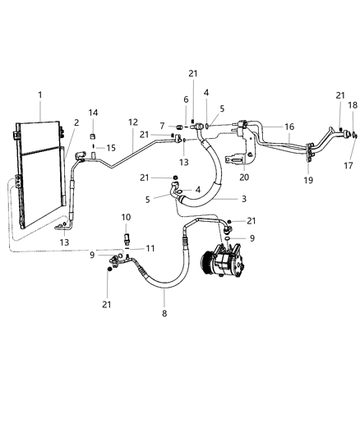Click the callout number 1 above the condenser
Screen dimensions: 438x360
[40, 95]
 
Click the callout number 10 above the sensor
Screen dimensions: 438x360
[126, 217]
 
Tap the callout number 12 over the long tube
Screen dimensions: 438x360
[133, 122]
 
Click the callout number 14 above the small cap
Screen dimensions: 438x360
[93, 113]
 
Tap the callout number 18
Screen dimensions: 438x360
[353, 105]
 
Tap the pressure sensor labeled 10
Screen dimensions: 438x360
[126, 238]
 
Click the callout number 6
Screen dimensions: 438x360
[185, 99]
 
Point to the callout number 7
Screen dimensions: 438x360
[162, 126]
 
